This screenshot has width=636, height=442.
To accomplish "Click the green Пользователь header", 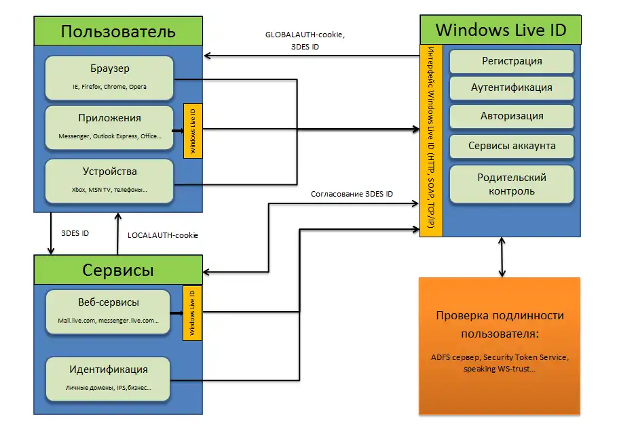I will coord(118,32).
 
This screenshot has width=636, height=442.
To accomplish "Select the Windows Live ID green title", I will coord(500,31).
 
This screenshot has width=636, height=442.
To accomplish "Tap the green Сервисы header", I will coord(118,270).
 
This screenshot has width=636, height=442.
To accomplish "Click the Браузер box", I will coord(109,77).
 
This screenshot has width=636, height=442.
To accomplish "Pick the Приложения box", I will coord(109,126).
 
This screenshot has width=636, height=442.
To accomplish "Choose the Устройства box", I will coord(109,180).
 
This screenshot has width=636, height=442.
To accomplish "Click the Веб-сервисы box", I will coord(109,311).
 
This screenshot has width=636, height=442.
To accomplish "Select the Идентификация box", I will coord(109,378).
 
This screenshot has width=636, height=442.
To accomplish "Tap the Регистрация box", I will coord(512,61).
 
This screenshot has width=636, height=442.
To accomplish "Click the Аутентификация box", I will coord(512,88).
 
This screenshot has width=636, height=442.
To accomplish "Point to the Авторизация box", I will coord(512,116).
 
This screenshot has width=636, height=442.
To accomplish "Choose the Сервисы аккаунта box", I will coord(512,146).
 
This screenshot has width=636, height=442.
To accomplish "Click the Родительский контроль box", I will coord(512,184).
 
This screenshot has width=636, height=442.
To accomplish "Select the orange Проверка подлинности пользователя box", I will coord(500,345).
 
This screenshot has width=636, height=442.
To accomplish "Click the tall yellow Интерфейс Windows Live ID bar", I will coord(431,141).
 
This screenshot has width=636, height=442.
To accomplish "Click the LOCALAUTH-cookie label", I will coord(162,235).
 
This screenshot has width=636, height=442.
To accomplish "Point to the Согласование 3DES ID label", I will coord(352,194).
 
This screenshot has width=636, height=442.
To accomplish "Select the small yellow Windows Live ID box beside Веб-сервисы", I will coord(192,311).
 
